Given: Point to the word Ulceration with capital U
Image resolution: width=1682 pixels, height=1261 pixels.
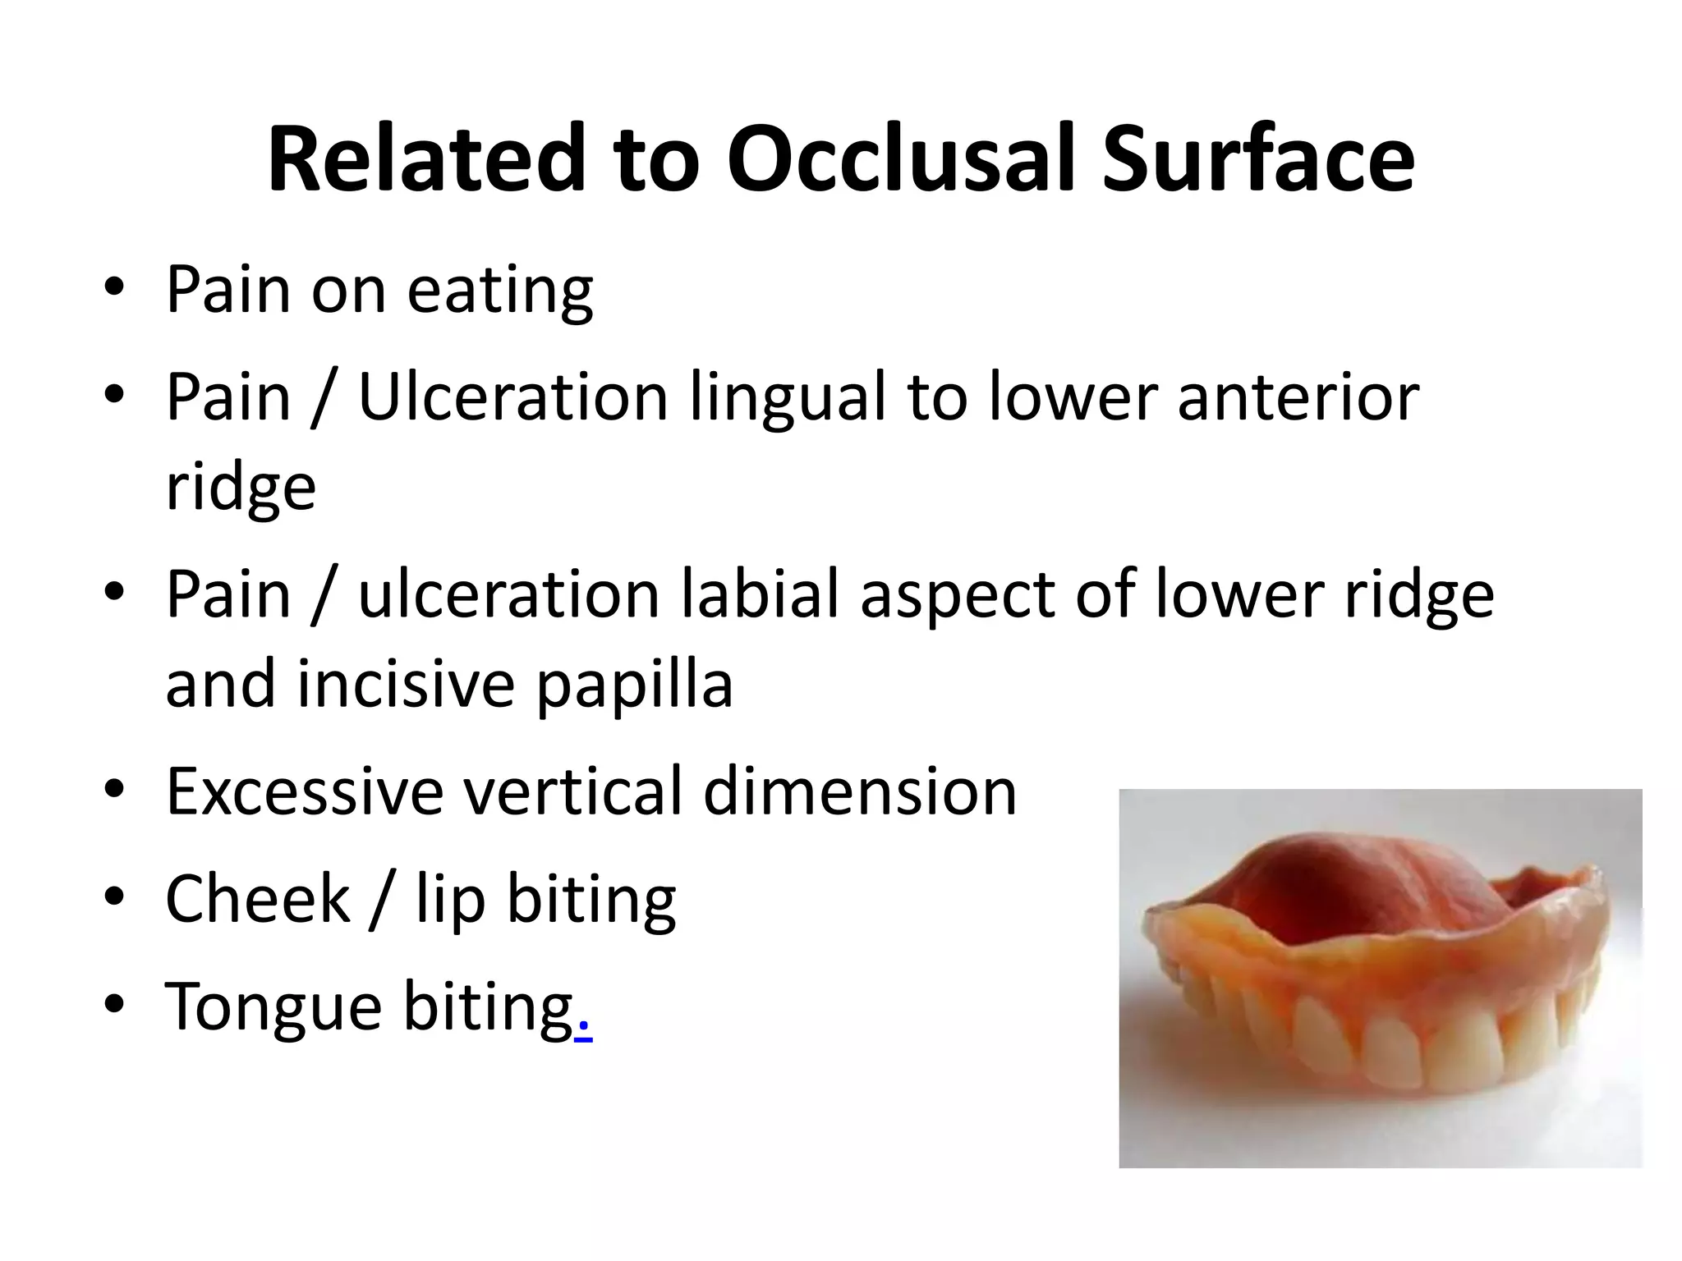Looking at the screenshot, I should click(513, 397).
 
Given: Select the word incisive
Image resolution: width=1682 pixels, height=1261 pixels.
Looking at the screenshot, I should click(406, 685).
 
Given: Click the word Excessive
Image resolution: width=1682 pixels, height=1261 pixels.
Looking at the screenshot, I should click(303, 791).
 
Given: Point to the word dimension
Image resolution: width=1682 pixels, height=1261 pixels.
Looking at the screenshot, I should click(860, 791).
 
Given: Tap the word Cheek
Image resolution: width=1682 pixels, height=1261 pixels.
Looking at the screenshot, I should click(258, 898).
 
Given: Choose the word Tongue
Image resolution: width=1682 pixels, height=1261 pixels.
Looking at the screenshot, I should click(273, 1008).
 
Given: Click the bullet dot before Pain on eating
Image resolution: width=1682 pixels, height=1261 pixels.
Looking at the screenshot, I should click(114, 289).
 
